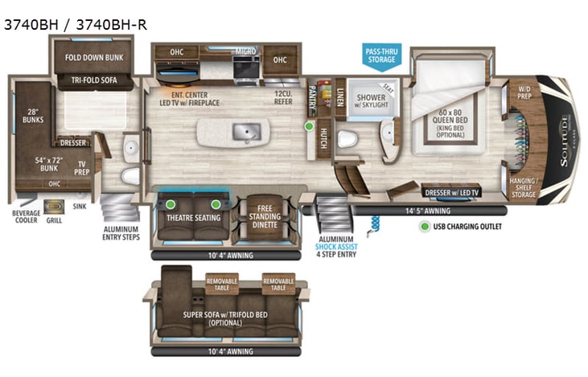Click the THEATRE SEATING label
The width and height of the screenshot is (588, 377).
coord(193,217)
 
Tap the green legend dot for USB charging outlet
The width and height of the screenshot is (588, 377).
coord(424,227)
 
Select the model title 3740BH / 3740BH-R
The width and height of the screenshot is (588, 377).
coord(76,25)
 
